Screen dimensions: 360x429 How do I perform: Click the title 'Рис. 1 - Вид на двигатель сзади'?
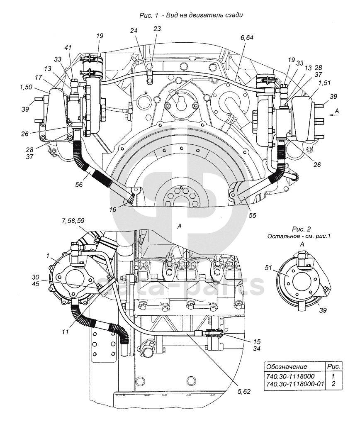(x=191, y=15)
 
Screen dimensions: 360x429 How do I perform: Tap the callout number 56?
(x=79, y=185)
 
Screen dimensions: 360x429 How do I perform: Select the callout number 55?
(x=253, y=215)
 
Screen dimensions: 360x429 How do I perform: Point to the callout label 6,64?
(x=247, y=37)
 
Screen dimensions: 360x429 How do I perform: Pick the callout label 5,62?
(x=244, y=392)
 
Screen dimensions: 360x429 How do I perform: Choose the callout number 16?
(x=113, y=210)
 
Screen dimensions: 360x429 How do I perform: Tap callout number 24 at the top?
(x=134, y=31)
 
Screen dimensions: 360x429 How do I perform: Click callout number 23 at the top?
(x=157, y=29)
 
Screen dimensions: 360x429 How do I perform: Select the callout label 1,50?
(x=26, y=87)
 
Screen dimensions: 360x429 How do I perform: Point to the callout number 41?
(x=68, y=48)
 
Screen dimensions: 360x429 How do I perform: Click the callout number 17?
(x=38, y=78)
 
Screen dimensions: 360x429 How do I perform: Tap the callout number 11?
(x=65, y=332)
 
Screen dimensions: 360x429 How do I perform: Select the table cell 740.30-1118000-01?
(x=294, y=384)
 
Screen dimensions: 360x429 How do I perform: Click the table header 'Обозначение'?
(x=287, y=367)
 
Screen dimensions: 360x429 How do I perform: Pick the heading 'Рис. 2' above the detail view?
(x=301, y=229)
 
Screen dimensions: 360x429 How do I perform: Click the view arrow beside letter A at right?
(x=333, y=116)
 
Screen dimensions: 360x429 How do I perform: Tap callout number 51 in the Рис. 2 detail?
(x=269, y=268)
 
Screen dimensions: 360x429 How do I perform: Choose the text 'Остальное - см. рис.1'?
(x=299, y=236)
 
